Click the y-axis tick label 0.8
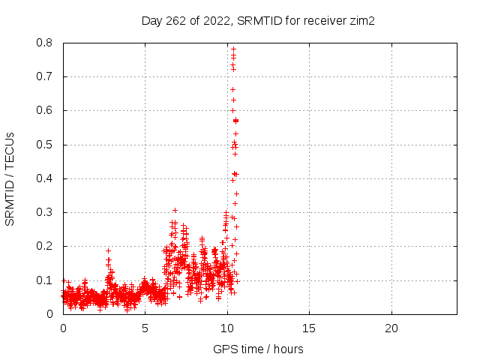(44, 43)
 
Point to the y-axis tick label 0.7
(44, 76)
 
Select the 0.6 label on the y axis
(44, 110)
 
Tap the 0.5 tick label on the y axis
(44, 145)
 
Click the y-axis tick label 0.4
(44, 178)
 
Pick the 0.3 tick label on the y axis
(44, 212)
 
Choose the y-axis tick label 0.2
(44, 246)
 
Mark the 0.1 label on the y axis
(44, 280)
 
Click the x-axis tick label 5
(145, 328)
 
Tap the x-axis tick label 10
(227, 328)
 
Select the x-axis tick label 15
(309, 328)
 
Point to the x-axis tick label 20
(391, 328)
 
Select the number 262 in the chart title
(175, 21)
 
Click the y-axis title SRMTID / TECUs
(10, 179)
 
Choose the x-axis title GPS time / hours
(258, 349)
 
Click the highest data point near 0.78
(233, 49)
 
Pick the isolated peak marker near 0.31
(175, 210)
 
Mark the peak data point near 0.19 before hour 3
(108, 251)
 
